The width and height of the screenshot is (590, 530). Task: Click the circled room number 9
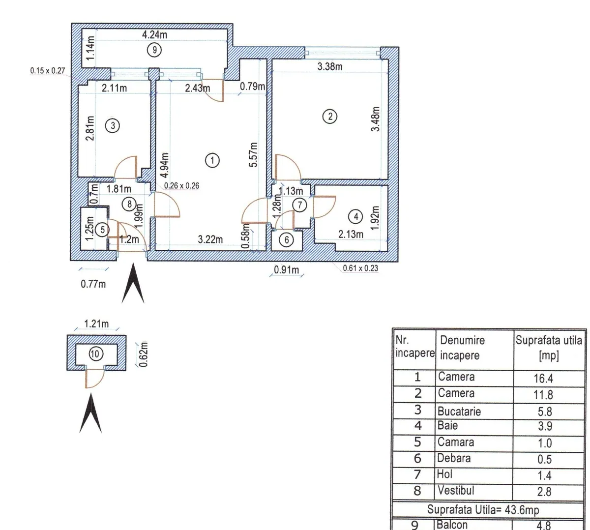click(x=154, y=50)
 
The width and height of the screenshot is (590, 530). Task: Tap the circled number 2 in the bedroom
click(x=330, y=117)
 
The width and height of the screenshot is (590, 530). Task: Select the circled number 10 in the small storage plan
click(x=95, y=354)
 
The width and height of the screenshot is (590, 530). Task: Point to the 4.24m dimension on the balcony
click(x=155, y=34)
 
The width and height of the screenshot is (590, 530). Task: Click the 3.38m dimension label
click(x=329, y=66)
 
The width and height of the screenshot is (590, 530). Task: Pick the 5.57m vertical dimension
click(x=253, y=155)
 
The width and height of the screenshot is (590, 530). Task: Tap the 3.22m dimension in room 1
click(x=210, y=239)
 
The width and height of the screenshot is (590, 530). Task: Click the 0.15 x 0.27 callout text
click(x=48, y=70)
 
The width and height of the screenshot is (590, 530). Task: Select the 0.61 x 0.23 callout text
click(x=360, y=268)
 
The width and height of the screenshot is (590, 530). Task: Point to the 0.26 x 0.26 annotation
click(x=182, y=185)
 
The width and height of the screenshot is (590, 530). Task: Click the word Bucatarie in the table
click(x=459, y=411)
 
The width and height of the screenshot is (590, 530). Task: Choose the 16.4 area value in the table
click(x=543, y=378)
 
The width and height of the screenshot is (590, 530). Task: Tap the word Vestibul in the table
click(x=456, y=490)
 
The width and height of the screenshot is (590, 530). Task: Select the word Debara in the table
click(x=454, y=458)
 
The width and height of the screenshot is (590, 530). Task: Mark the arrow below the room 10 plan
click(x=90, y=413)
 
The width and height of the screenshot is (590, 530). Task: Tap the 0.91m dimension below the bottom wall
click(x=287, y=269)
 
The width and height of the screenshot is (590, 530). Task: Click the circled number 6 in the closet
click(x=287, y=240)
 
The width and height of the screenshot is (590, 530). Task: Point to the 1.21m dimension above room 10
click(x=96, y=324)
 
